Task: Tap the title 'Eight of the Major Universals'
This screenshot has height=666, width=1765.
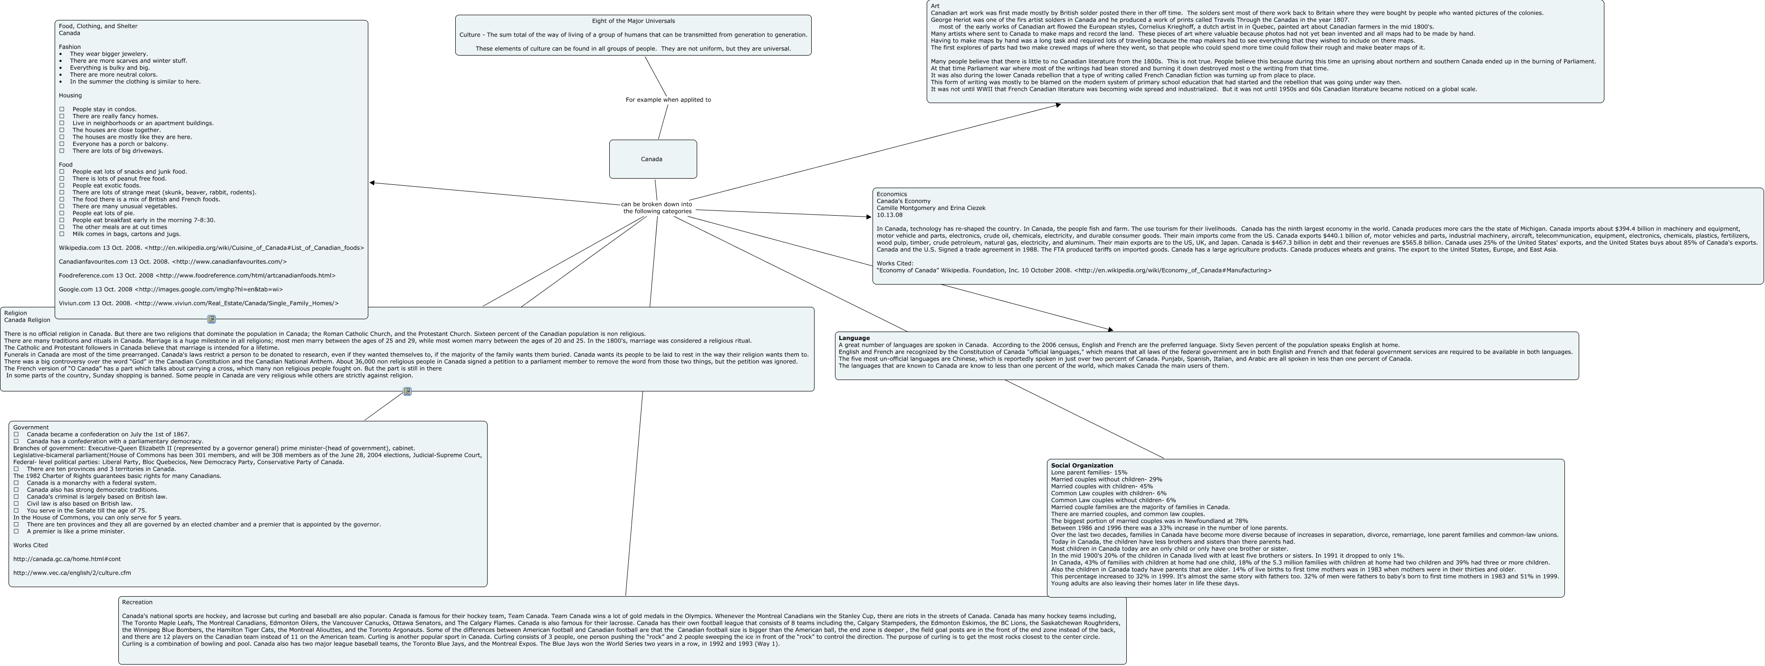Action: (x=633, y=21)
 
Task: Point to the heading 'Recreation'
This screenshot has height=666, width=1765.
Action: (x=137, y=602)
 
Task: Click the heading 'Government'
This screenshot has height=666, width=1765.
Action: (x=31, y=428)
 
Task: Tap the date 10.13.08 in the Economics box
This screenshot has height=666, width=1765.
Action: (x=889, y=215)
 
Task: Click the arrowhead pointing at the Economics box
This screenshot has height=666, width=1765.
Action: (x=868, y=217)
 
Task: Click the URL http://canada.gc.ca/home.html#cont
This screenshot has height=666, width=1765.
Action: (x=67, y=559)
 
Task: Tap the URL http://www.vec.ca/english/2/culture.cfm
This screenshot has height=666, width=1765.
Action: (x=72, y=573)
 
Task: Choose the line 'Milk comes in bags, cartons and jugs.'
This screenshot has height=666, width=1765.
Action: (x=126, y=234)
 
